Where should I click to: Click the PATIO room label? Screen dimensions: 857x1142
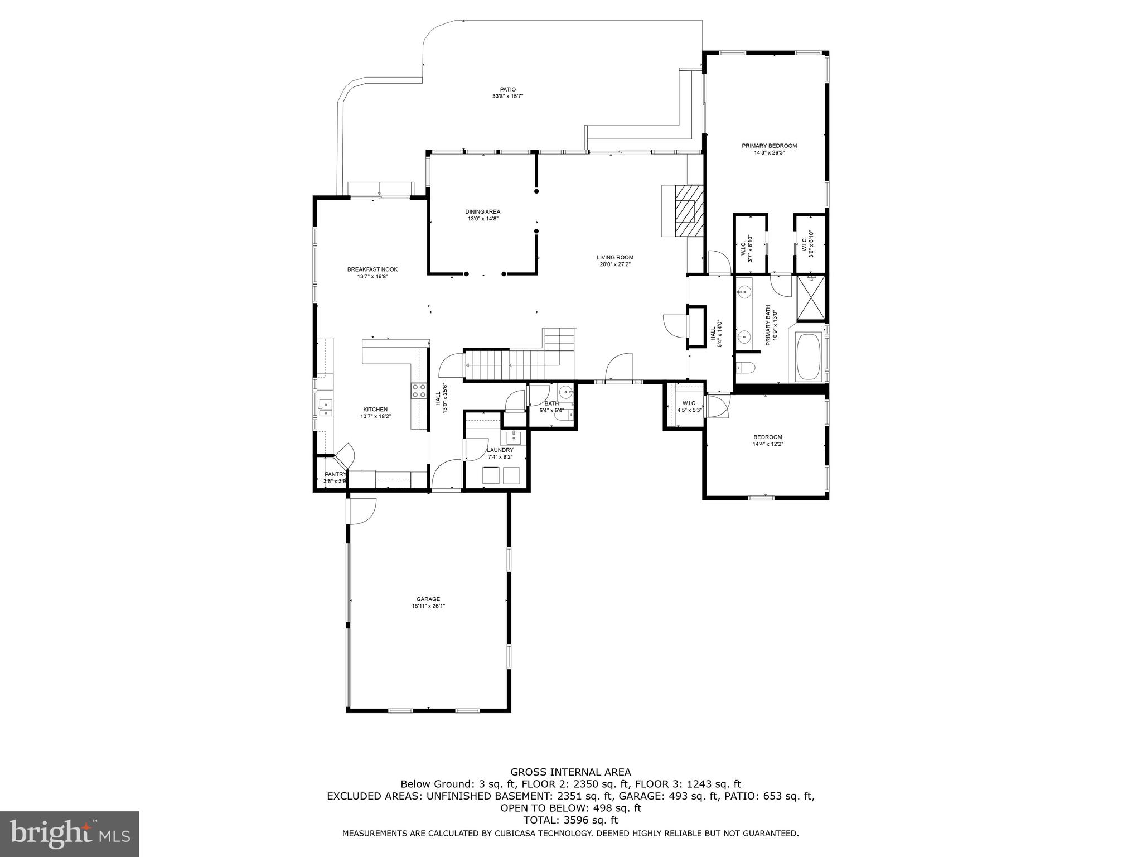pos(507,89)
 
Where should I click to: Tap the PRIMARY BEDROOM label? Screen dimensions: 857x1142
pos(769,146)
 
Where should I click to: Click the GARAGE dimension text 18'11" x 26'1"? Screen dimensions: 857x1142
pos(428,606)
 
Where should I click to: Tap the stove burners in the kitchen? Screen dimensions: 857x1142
pos(419,391)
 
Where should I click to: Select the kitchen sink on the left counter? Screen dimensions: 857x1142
pos(325,408)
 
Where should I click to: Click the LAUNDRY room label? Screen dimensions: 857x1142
pos(500,450)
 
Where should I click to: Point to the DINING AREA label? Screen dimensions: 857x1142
pos(483,211)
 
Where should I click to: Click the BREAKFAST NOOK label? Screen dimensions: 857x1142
pos(372,269)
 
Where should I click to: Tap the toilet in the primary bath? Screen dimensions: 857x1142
pos(745,367)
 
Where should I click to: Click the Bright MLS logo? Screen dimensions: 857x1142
pos(70,834)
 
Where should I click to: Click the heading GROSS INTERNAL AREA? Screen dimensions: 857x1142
pos(570,772)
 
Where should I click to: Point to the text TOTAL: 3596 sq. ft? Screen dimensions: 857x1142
pos(570,820)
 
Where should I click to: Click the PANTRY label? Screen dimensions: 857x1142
pos(335,474)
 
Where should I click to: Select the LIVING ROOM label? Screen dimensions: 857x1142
pos(615,258)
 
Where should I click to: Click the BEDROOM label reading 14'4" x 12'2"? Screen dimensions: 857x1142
pos(767,437)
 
